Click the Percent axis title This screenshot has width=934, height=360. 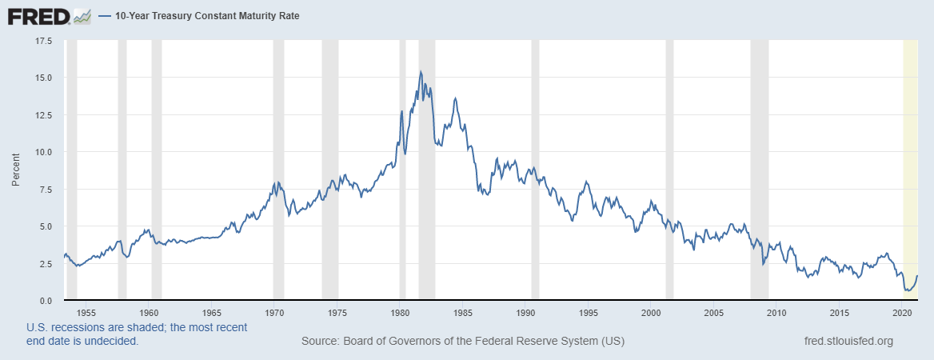click(x=16, y=170)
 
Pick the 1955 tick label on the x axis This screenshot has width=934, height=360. click(x=87, y=312)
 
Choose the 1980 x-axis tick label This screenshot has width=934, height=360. click(x=400, y=312)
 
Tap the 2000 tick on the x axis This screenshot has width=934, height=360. click(x=651, y=312)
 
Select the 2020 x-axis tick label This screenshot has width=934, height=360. click(x=902, y=312)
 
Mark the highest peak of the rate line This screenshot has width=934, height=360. click(x=421, y=72)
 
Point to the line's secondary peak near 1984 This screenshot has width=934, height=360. click(x=455, y=98)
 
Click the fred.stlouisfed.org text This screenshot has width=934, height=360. click(x=848, y=342)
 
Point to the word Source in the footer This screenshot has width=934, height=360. click(x=319, y=342)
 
